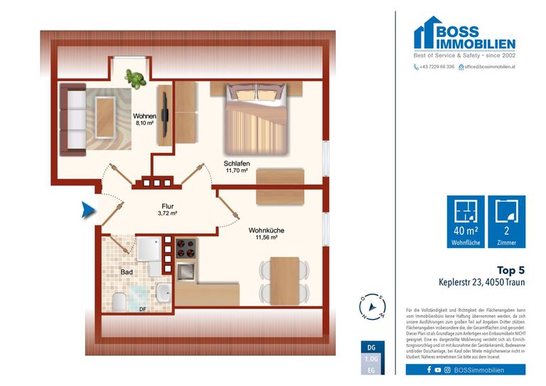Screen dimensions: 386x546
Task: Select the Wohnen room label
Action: [x=144, y=116]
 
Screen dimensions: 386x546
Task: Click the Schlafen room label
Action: [x=236, y=163]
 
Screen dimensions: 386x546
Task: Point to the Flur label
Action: [x=167, y=206]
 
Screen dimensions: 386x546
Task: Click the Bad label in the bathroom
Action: [x=126, y=272]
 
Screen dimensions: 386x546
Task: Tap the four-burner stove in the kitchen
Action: [x=186, y=248]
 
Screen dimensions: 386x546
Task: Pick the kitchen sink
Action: [x=187, y=272]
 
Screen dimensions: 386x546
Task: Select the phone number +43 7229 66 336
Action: [x=434, y=67]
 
